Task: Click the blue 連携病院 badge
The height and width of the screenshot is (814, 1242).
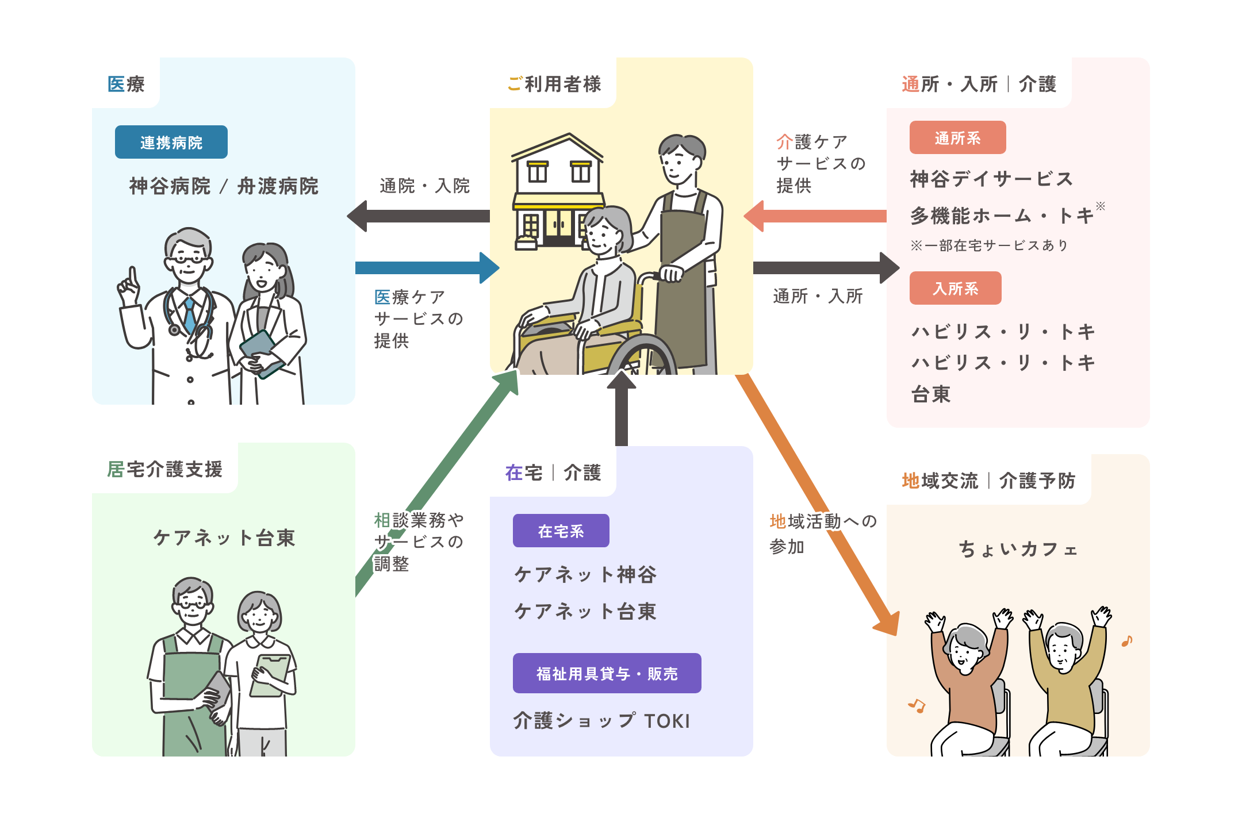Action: tap(171, 142)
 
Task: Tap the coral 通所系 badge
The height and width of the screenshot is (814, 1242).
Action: tap(957, 138)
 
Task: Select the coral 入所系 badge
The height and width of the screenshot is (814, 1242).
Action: tap(955, 289)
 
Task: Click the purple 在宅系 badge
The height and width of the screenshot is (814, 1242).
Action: tap(561, 531)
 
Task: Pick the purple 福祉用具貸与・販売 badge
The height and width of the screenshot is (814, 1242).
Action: tap(607, 673)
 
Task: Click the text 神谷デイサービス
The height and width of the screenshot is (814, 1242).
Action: tap(991, 179)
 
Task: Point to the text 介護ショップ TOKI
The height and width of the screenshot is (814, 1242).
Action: tap(601, 721)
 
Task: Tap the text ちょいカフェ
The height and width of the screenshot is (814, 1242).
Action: tap(1018, 550)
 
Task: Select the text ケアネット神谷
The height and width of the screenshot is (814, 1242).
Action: tap(585, 574)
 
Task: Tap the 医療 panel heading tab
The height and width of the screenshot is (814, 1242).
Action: tap(126, 84)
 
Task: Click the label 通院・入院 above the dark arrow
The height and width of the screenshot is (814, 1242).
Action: tap(424, 186)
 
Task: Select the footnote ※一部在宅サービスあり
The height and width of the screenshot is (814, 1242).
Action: tap(989, 245)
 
